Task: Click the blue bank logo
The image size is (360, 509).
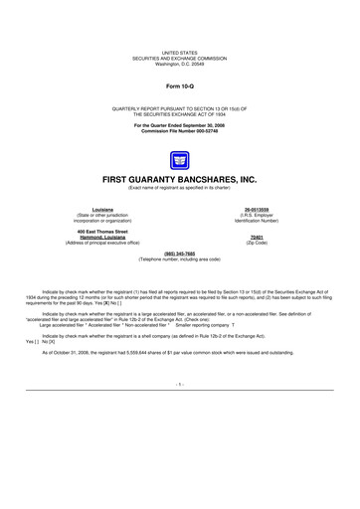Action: [x=180, y=160]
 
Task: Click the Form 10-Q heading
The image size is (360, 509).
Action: [x=180, y=86]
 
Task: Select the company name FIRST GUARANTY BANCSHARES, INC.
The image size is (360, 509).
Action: [x=180, y=180]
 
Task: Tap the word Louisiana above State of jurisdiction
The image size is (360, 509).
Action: [x=102, y=210]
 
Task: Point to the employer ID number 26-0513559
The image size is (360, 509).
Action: [x=257, y=210]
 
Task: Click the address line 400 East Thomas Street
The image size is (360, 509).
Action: [x=102, y=231]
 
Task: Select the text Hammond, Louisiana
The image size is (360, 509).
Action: [x=102, y=237]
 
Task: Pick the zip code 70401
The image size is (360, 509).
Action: [x=257, y=237]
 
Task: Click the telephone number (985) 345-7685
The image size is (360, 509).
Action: [x=180, y=254]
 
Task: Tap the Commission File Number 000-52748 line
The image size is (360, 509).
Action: [x=180, y=131]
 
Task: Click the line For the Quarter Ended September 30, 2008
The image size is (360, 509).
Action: [x=180, y=125]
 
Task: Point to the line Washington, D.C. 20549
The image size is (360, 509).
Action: [x=180, y=65]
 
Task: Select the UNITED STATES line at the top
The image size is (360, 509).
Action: [x=180, y=53]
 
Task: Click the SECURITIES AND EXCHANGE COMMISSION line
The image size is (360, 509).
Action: [x=180, y=59]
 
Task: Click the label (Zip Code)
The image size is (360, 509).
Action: [x=257, y=243]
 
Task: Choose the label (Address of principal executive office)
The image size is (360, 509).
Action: [x=102, y=243]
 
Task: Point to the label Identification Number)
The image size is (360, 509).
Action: [x=257, y=221]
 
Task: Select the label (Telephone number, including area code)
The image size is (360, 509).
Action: [x=180, y=259]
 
